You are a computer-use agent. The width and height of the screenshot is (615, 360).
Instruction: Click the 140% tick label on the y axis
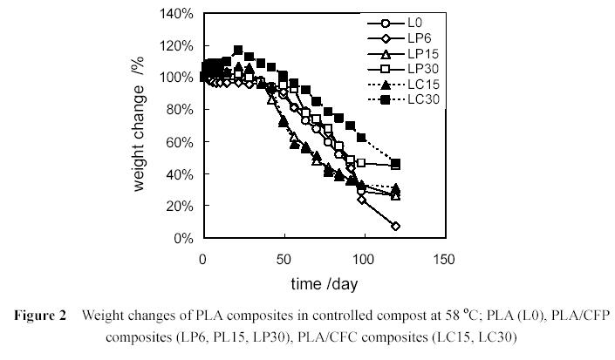tap(175, 13)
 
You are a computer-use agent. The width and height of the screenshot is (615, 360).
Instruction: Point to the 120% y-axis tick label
tap(175, 45)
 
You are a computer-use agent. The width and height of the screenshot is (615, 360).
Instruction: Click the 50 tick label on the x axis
tap(284, 259)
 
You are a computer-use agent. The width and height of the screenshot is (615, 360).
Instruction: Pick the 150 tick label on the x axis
tap(444, 259)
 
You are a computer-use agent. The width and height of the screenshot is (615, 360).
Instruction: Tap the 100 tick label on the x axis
tap(364, 259)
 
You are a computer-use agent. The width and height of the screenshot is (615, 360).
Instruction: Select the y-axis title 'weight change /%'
tap(140, 126)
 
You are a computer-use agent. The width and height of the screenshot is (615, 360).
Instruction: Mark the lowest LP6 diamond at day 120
tap(396, 227)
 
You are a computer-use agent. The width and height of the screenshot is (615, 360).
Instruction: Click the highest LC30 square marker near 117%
tap(238, 50)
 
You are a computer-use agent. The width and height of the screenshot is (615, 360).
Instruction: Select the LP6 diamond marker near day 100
tap(362, 200)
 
